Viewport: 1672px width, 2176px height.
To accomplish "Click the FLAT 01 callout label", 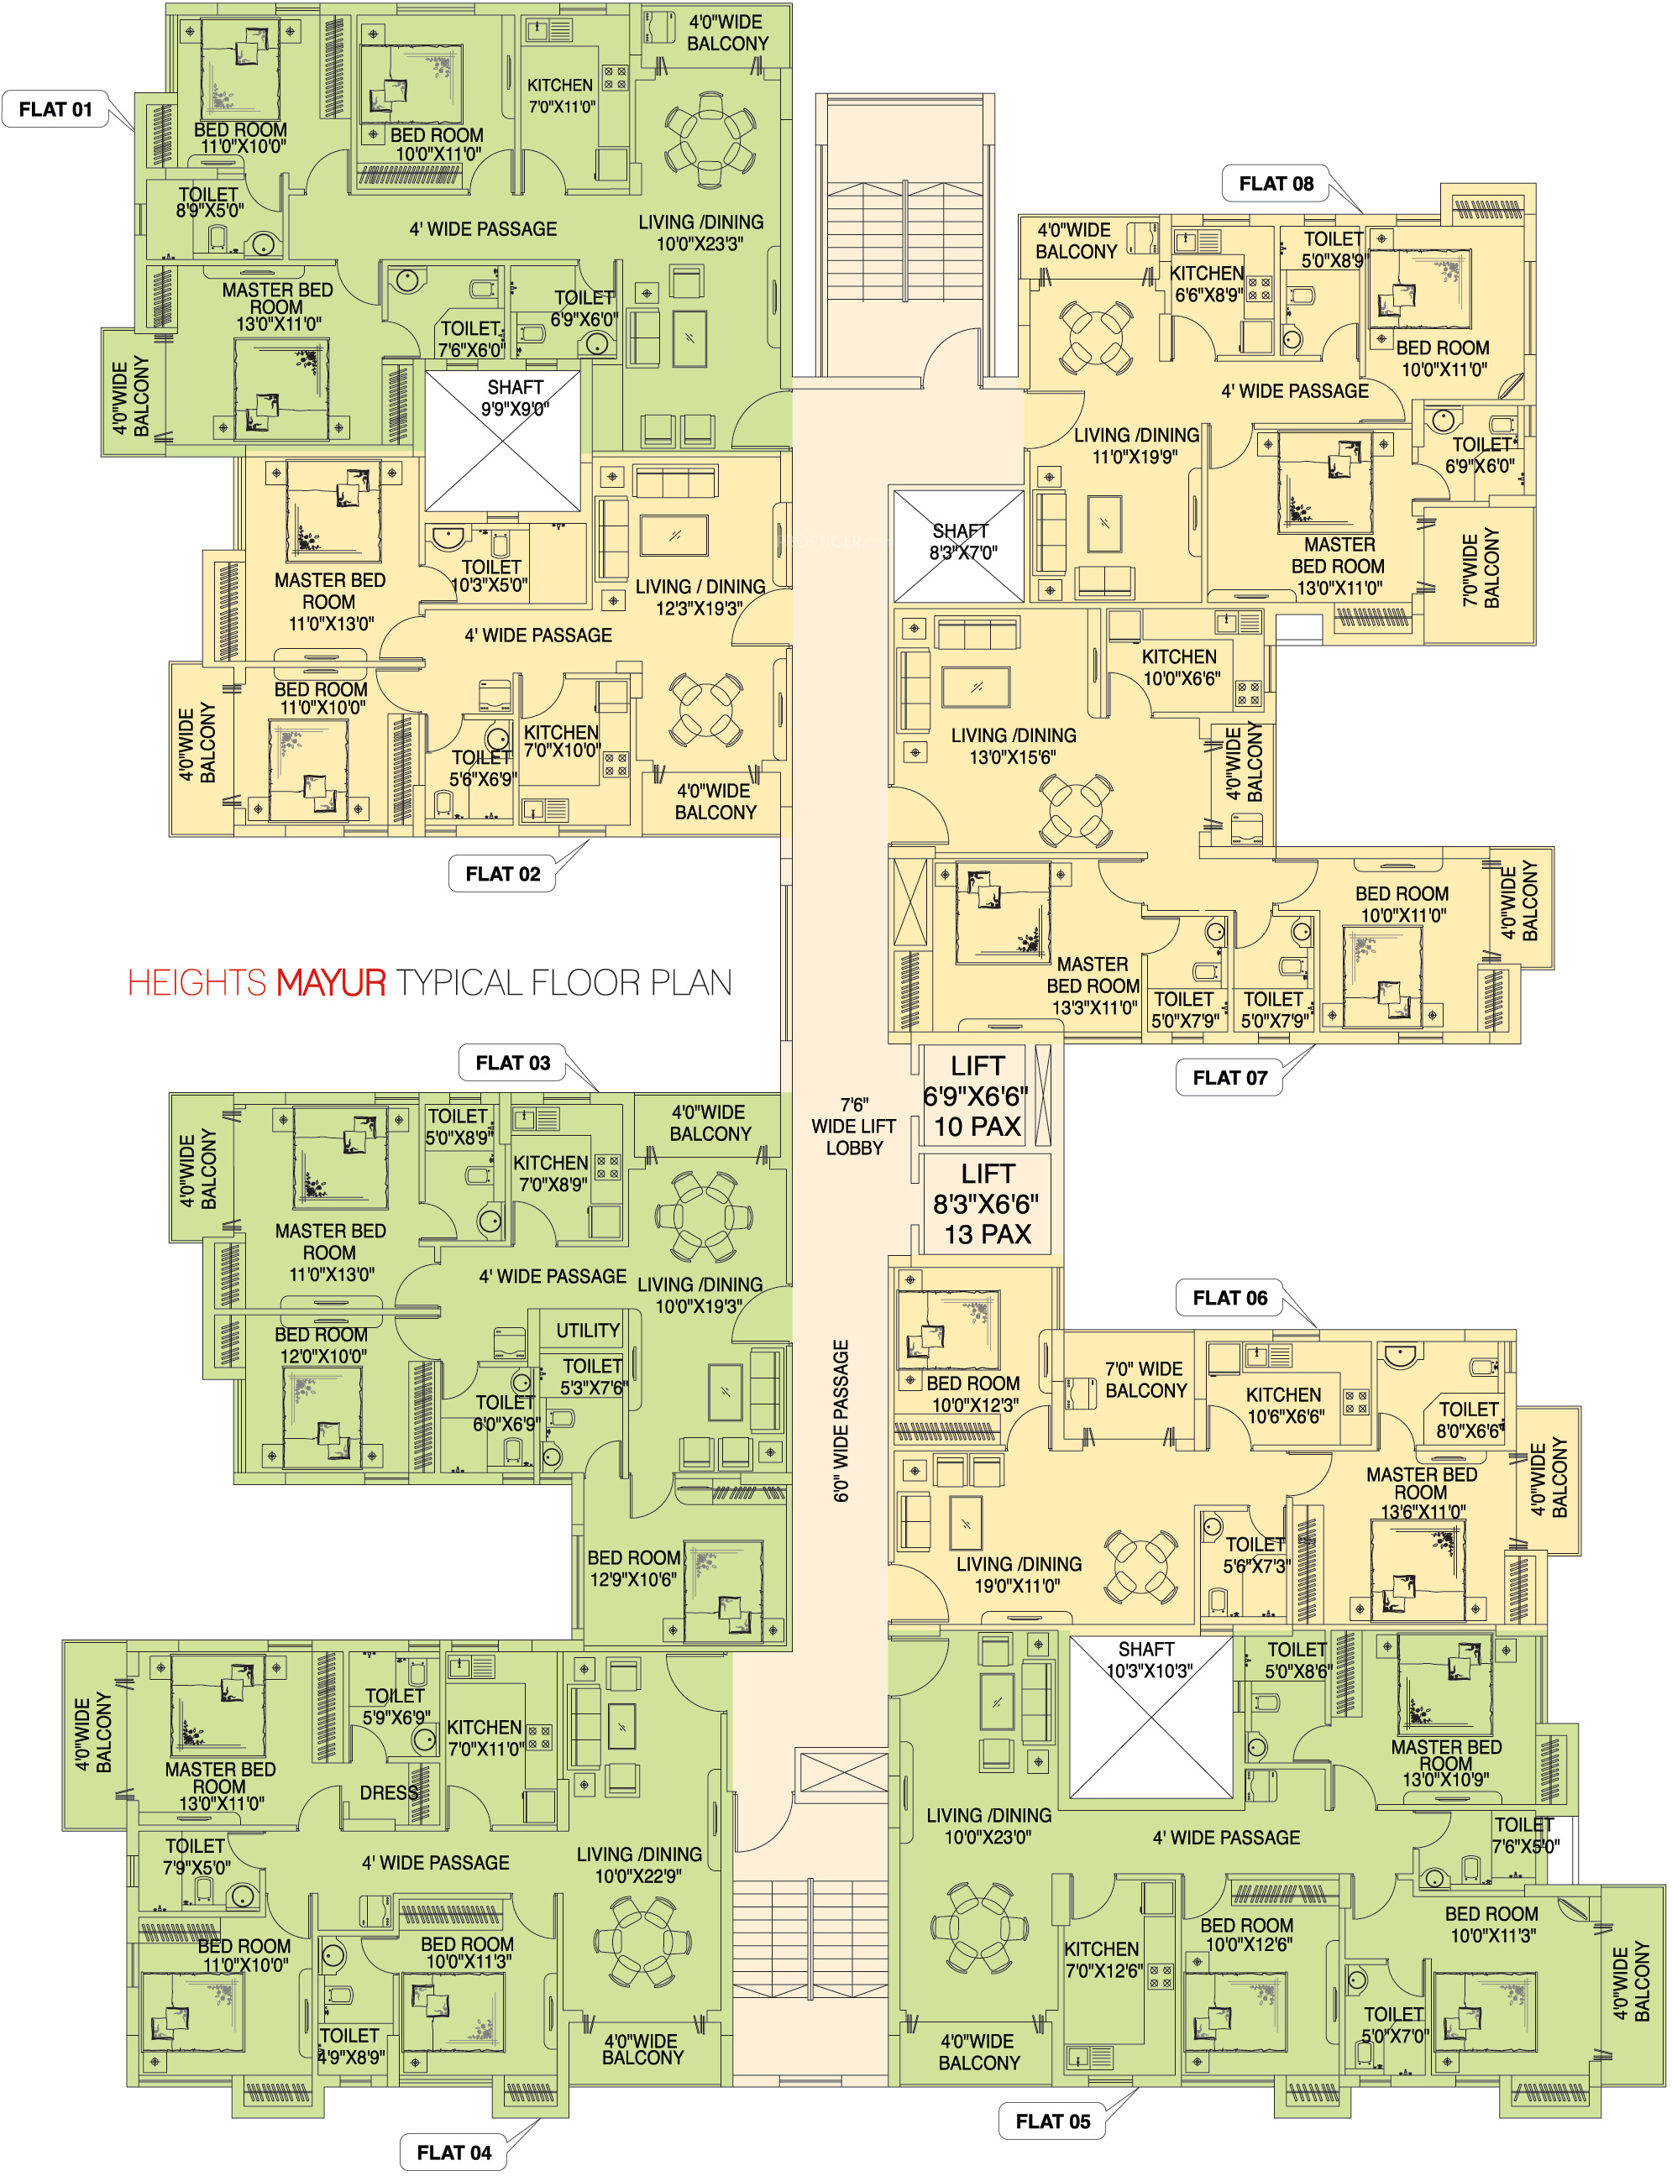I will (55, 109).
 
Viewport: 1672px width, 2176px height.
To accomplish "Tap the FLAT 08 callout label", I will (1275, 184).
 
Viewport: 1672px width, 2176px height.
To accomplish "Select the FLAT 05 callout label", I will (1052, 2121).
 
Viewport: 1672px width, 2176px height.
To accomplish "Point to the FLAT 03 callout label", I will (512, 1063).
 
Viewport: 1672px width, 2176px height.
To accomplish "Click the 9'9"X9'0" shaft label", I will (515, 398).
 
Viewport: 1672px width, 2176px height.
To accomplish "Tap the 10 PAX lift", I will (977, 1096).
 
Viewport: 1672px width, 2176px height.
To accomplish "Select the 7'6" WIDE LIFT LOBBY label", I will (854, 1127).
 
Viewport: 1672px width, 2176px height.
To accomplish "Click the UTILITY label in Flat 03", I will (587, 1331).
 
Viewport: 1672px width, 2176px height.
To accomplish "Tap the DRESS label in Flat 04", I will (388, 1793).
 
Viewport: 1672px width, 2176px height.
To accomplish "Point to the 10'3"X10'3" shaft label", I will (1147, 1661).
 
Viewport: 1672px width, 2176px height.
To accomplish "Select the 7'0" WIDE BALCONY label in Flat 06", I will (1145, 1380).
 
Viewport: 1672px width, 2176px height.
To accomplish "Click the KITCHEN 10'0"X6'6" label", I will (1181, 667).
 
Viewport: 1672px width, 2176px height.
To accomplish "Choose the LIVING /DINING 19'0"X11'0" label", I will (1018, 1575).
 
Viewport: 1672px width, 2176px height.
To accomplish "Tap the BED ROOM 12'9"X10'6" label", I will (633, 1568).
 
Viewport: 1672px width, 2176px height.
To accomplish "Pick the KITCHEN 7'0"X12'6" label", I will (1102, 1959).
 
